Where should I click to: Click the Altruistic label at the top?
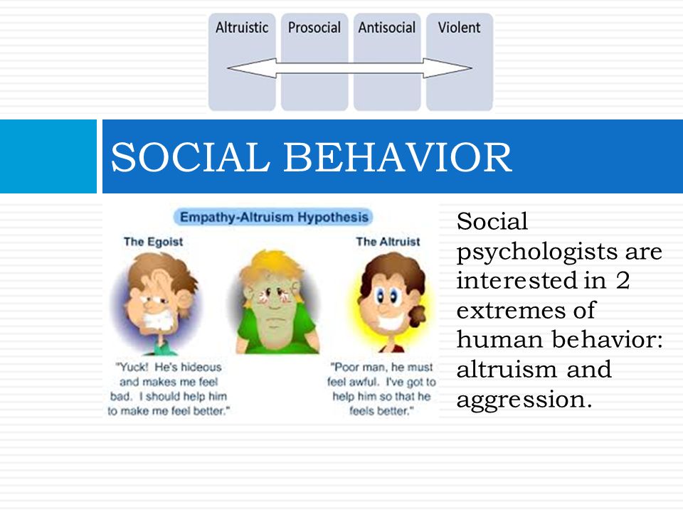point(242,28)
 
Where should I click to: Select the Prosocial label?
point(314,28)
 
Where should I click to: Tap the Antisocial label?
point(387,28)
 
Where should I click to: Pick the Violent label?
point(459,28)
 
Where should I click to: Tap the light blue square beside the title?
point(48,156)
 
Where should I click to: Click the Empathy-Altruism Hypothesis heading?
point(274,217)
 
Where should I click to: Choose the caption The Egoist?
point(153,242)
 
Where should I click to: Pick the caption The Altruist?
point(388,242)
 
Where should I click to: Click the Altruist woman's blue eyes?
point(387,297)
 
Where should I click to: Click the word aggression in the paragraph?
point(524,399)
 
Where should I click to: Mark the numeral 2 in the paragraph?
point(623,280)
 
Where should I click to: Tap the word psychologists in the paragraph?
point(537,252)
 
